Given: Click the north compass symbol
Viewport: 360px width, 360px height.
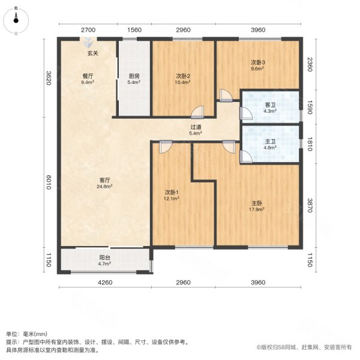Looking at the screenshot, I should click(x=16, y=19).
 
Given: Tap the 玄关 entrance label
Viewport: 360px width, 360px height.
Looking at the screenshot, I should click(x=92, y=54).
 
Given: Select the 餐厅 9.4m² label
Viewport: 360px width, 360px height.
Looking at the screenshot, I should click(x=88, y=79).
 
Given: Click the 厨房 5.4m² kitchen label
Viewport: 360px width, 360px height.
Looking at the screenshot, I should click(x=134, y=79).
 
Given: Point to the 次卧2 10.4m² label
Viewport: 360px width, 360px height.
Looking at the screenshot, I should click(x=183, y=79).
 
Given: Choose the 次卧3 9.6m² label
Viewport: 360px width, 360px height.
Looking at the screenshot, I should click(x=258, y=65).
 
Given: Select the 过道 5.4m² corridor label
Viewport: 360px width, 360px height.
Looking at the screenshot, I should click(x=196, y=130).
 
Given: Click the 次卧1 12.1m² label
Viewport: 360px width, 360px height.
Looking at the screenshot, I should click(x=173, y=195).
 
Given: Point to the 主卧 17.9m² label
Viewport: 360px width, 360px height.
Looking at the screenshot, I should click(x=258, y=206).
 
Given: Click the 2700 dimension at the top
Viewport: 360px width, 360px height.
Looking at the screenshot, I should click(x=88, y=30).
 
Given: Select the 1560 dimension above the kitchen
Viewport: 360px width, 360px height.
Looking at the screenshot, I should click(x=134, y=30).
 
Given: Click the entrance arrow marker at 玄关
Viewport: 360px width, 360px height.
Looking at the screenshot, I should click(x=88, y=43).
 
